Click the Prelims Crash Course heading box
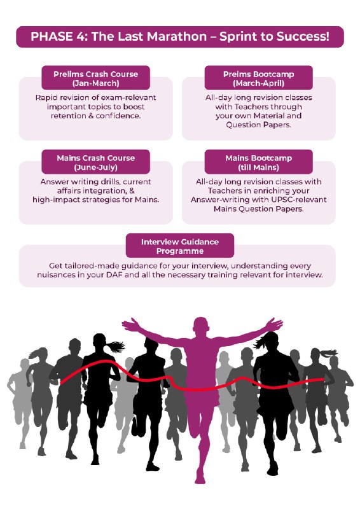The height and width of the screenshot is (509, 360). pos(96,78)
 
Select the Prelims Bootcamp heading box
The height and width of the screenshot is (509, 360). pos(259,78)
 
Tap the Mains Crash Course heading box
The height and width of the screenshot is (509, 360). pos(96,162)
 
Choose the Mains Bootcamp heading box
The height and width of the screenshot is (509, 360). pos(259,162)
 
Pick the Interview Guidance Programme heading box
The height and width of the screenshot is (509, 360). pos(180,246)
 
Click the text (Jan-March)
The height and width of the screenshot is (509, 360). pos(96,83)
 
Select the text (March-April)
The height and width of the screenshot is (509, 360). pos(259,83)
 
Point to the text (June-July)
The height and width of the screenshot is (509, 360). pos(96,167)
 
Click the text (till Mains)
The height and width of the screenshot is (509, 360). pos(259,167)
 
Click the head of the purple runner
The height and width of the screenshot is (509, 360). pos(201,327)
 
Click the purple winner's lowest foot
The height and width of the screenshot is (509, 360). pos(200,480)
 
